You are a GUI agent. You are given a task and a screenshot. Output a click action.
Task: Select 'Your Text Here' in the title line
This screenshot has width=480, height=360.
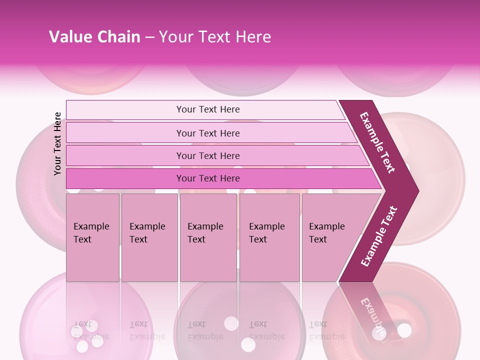tap(215, 37)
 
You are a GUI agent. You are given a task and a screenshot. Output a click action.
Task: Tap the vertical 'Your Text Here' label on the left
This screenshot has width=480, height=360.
tap(57, 143)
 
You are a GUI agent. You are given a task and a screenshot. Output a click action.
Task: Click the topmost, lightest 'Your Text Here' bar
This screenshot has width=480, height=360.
tap(207, 109)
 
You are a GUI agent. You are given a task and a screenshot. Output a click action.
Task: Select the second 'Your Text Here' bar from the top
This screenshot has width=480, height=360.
tap(207, 133)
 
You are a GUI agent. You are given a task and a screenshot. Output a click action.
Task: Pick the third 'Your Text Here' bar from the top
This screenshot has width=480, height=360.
tap(207, 155)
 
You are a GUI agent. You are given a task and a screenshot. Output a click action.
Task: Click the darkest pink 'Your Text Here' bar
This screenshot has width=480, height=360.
tap(207, 178)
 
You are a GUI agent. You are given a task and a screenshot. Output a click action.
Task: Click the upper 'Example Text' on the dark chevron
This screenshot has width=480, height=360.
tap(377, 142)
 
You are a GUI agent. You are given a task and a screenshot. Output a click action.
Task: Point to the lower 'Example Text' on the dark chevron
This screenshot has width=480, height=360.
tap(379, 236)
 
